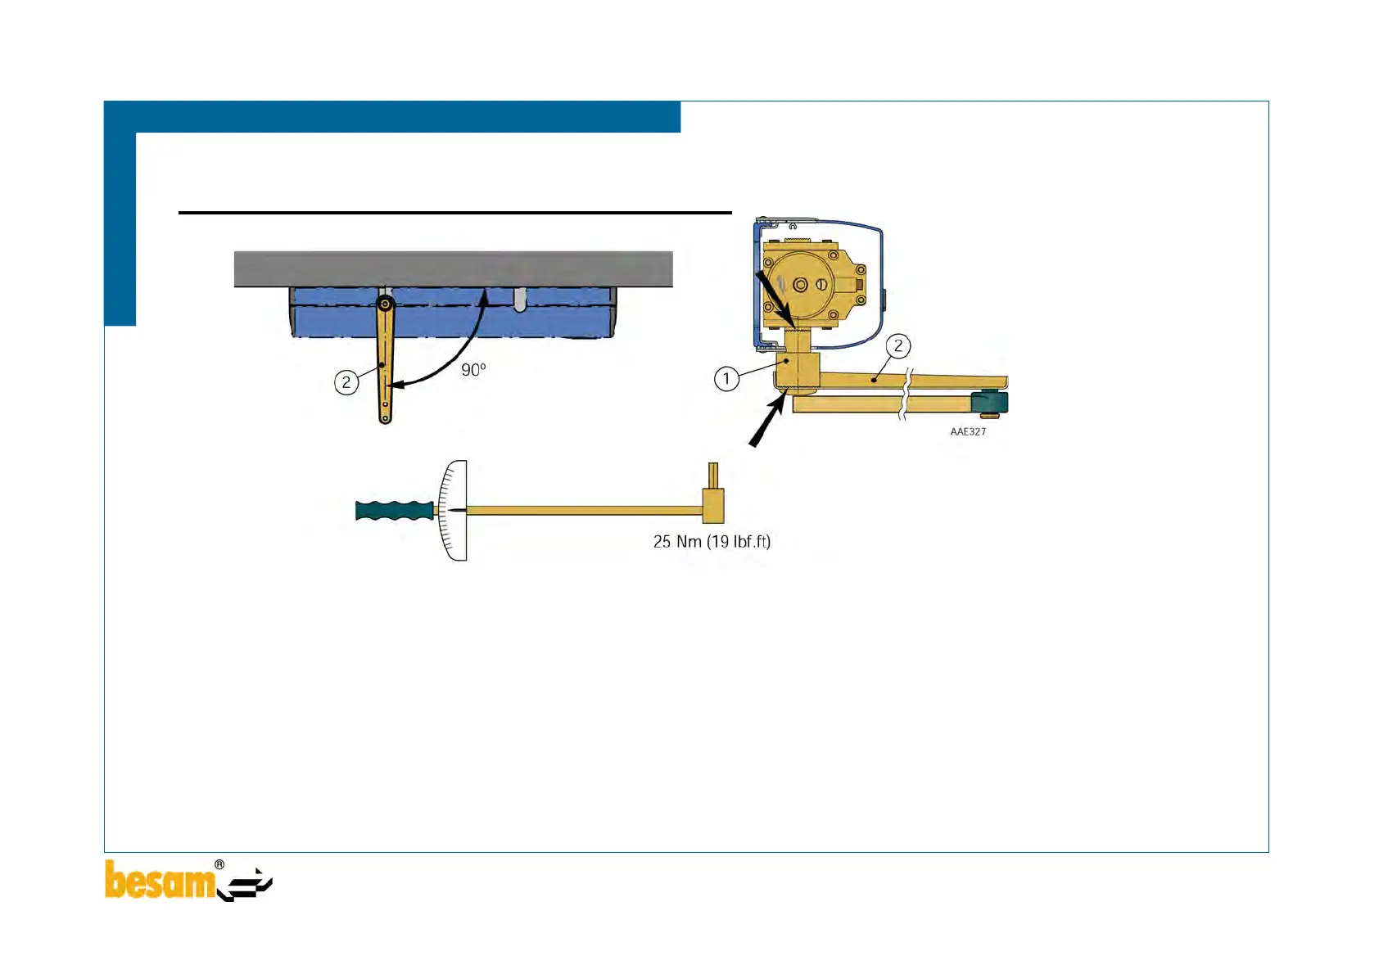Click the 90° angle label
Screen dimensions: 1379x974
pyautogui.click(x=473, y=370)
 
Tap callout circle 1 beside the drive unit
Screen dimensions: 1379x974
pyautogui.click(x=726, y=379)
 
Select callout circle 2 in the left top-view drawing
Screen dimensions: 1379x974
pyautogui.click(x=346, y=382)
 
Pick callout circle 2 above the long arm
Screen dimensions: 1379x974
pyautogui.click(x=898, y=346)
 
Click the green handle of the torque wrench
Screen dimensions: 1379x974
pyautogui.click(x=394, y=511)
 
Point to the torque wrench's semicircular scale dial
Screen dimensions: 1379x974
pyautogui.click(x=454, y=511)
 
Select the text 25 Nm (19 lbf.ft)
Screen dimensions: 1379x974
pyautogui.click(x=712, y=542)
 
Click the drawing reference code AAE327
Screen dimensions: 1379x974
pyautogui.click(x=968, y=431)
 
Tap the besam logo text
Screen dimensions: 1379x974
pyautogui.click(x=160, y=882)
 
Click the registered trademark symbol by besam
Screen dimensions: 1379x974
pyautogui.click(x=219, y=864)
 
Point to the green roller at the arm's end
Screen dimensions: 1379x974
pyautogui.click(x=990, y=403)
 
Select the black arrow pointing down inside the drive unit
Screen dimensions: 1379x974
pyautogui.click(x=774, y=300)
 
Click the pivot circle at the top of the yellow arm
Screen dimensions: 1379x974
pyautogui.click(x=385, y=305)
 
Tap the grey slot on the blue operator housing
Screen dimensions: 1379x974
pyautogui.click(x=520, y=300)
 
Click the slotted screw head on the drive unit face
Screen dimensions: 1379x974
pyautogui.click(x=821, y=285)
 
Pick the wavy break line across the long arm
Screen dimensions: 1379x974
pyautogui.click(x=907, y=394)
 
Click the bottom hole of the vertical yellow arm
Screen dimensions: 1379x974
pyautogui.click(x=385, y=417)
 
